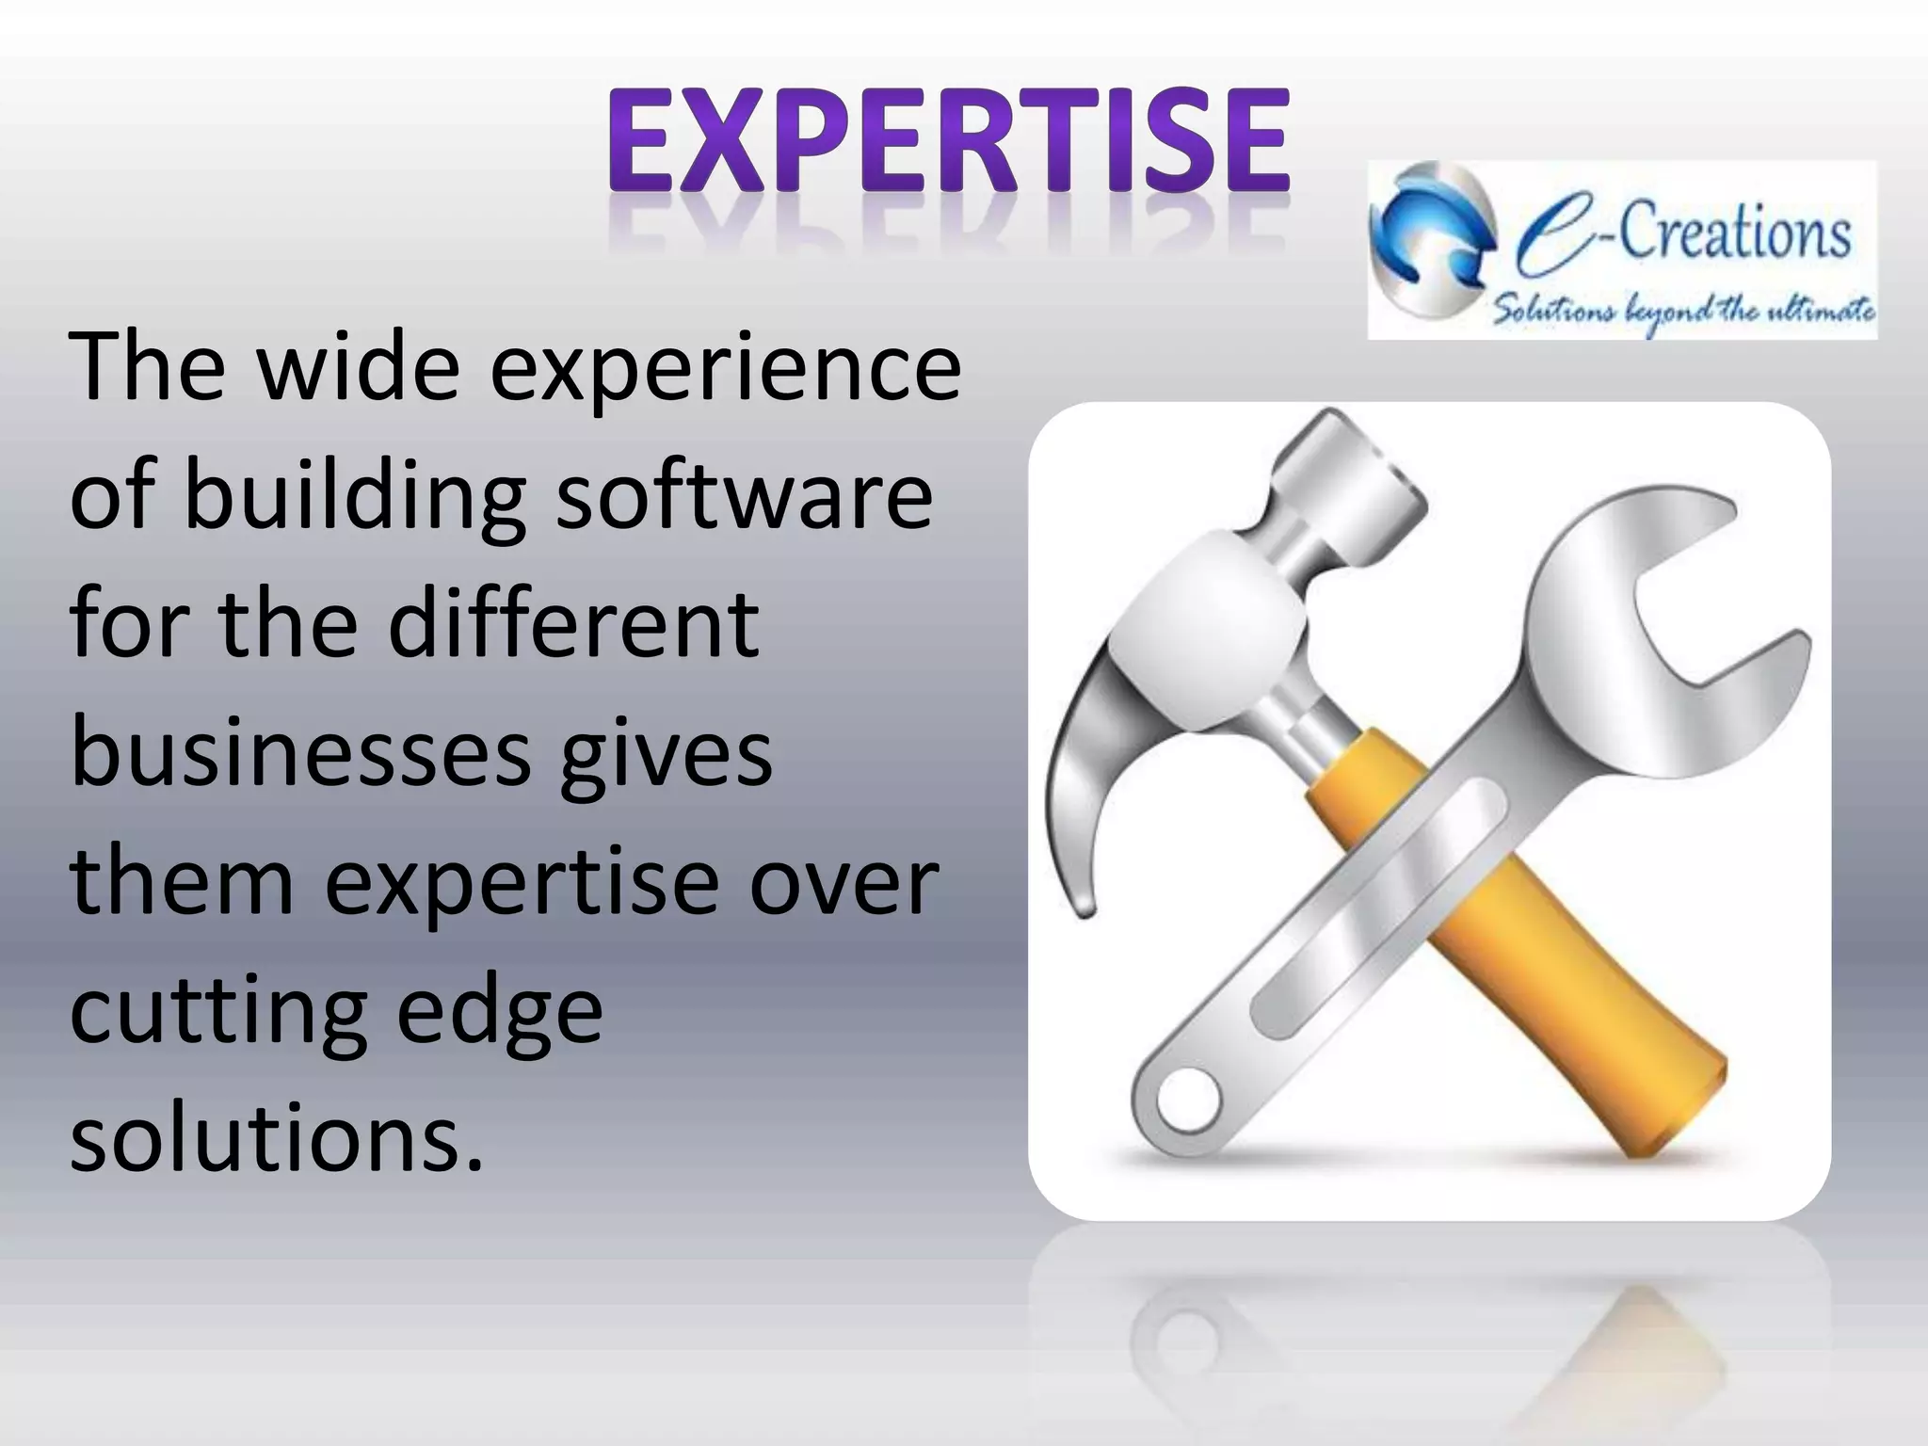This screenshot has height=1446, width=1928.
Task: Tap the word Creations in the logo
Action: coord(1732,235)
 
